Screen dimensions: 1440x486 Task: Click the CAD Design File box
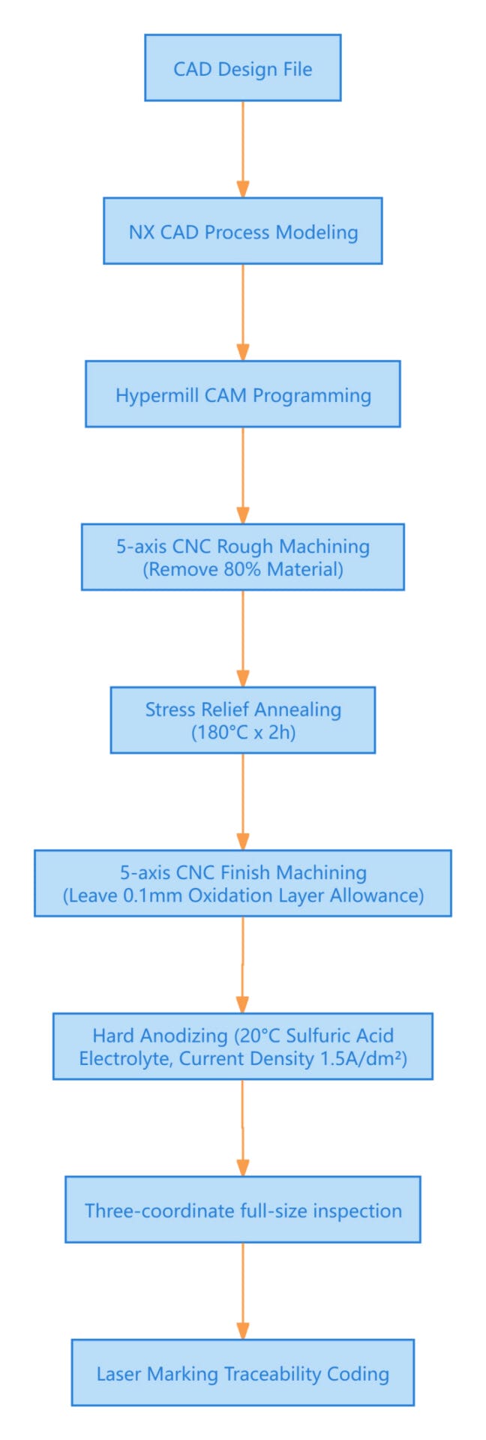click(x=242, y=67)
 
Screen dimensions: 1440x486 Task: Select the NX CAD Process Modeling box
click(x=242, y=231)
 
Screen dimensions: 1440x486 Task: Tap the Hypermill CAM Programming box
click(x=242, y=394)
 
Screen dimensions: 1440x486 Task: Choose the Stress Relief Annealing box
click(x=242, y=720)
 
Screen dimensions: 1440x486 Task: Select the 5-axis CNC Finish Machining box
click(x=242, y=883)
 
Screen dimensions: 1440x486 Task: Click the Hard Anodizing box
click(x=242, y=1046)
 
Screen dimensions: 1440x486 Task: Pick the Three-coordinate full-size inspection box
click(x=242, y=1210)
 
